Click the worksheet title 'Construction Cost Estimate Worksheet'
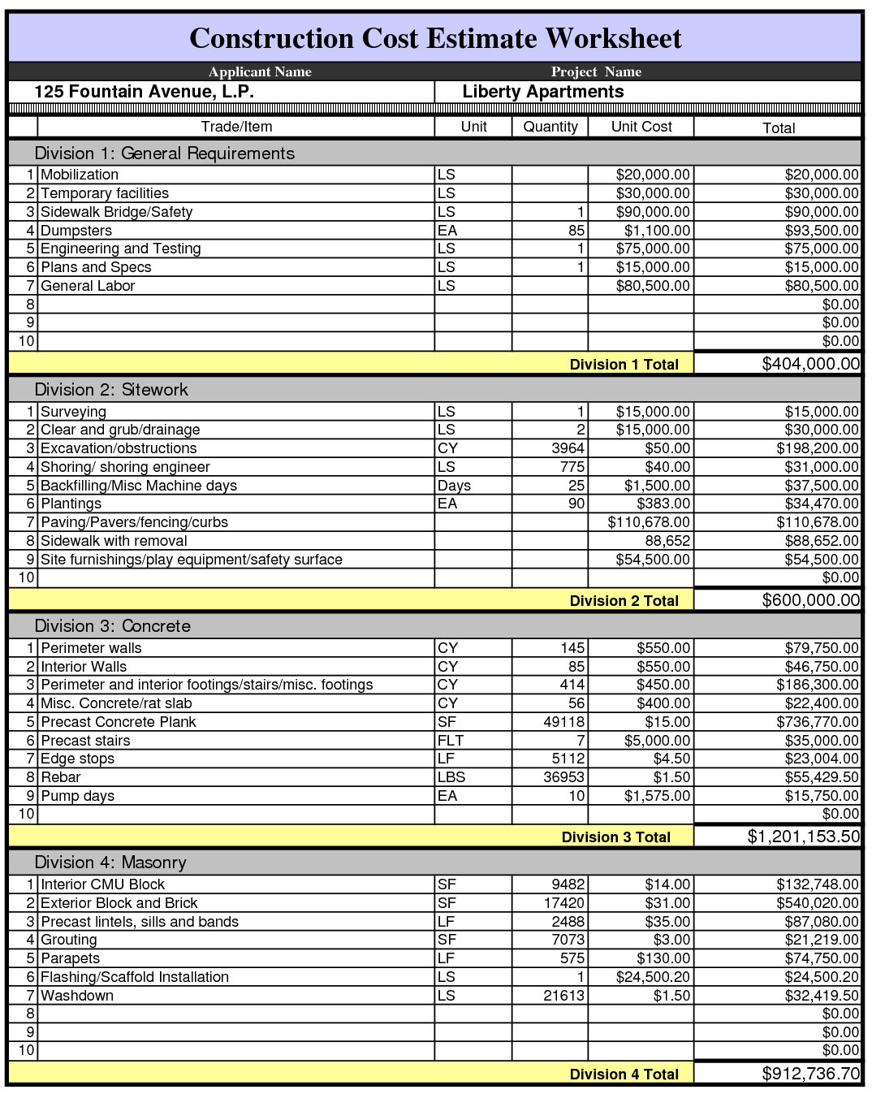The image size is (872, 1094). (x=435, y=38)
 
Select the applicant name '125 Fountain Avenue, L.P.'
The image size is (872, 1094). (x=144, y=92)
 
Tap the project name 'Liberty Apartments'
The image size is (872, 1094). (x=542, y=92)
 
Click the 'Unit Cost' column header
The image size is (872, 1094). (x=641, y=127)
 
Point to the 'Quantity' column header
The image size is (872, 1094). (x=550, y=127)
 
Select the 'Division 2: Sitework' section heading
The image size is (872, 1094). (x=111, y=390)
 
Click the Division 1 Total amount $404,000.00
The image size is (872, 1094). (x=810, y=364)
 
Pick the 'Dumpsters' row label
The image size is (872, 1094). (x=76, y=231)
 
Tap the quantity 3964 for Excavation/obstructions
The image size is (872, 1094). (x=568, y=448)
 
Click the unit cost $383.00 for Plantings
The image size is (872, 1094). (x=663, y=504)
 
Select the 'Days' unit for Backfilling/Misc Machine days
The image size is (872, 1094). (x=454, y=486)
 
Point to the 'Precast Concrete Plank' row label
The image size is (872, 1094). (x=119, y=722)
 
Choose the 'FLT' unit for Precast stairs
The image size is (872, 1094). (x=451, y=741)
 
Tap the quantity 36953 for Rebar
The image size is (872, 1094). (x=563, y=777)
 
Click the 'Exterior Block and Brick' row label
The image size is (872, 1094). (x=119, y=903)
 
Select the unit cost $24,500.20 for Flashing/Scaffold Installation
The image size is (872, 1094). (x=653, y=977)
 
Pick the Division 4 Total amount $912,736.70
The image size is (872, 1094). (x=810, y=1074)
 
